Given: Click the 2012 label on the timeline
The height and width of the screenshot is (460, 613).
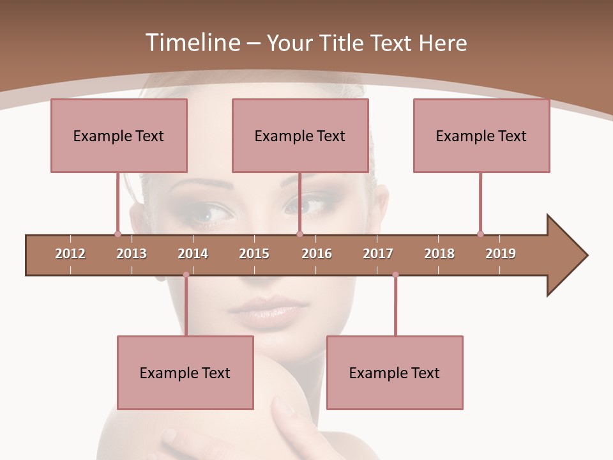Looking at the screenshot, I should pos(70,254).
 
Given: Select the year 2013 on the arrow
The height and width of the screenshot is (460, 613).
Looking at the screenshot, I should pos(132,254).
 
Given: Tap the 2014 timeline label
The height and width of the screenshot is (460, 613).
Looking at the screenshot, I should pos(193,254).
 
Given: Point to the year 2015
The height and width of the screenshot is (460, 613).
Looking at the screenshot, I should pos(254,254).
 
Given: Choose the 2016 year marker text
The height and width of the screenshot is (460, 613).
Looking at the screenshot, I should pos(317,254).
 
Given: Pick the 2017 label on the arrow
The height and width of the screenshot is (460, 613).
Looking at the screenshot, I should pos(378,254).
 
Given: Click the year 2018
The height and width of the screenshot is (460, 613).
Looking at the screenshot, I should pos(439,254).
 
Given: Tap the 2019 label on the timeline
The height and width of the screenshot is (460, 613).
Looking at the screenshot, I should pos(501,254).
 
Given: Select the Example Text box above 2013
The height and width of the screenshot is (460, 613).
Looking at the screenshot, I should pos(119,135).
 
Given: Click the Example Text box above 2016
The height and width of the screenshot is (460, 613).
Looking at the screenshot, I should pos(300,135).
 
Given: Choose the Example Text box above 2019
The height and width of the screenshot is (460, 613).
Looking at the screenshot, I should pos(481,135).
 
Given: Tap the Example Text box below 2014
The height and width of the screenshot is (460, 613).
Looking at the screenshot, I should pos(185,372).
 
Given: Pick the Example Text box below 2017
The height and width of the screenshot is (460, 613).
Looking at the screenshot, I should pos(395,372).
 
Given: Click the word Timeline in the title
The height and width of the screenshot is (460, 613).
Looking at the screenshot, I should pos(192,43).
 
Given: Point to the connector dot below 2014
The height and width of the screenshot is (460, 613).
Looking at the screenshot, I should pos(186,275).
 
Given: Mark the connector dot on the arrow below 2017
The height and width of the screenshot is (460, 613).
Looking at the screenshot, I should pos(395,275).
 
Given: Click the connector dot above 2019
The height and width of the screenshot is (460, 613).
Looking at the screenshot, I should pos(480,234).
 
